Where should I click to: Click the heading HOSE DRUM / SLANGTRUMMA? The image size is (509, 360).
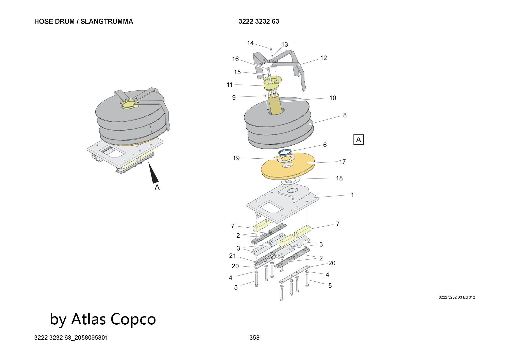83,21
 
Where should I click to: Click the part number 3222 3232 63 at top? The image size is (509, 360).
259,21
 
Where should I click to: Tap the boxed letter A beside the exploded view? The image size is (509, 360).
359,140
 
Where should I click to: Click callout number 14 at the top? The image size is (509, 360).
250,43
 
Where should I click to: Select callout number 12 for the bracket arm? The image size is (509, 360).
323,58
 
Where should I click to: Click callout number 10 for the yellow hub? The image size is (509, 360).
332,98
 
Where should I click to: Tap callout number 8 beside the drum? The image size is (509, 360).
345,115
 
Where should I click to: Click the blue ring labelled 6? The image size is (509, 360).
285,152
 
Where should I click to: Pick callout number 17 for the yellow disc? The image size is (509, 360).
342,162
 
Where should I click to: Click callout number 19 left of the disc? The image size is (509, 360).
236,158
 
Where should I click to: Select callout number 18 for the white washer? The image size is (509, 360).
339,178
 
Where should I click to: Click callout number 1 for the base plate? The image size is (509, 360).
352,195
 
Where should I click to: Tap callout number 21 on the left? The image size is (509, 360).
232,256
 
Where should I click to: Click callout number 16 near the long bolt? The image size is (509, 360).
235,59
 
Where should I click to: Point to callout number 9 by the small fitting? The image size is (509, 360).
234,98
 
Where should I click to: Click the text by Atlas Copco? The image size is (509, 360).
103,319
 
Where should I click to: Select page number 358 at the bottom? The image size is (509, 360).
254,338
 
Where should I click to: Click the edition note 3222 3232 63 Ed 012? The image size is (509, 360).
457,297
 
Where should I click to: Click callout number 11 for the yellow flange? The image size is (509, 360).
230,85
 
